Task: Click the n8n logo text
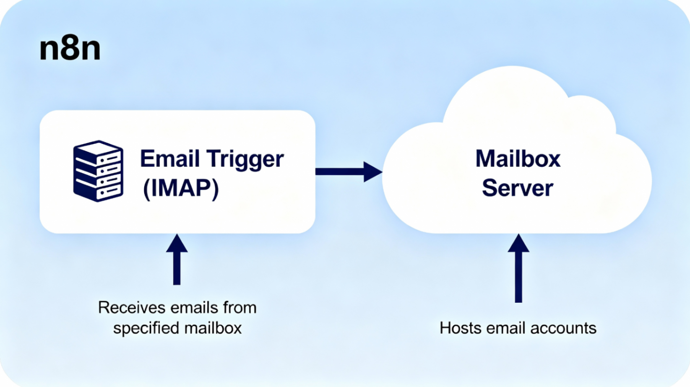70,49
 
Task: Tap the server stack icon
98,171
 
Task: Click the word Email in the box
170,159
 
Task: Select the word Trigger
245,160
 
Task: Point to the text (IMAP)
181,188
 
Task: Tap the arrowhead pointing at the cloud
372,171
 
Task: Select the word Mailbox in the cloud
518,159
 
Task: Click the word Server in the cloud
517,188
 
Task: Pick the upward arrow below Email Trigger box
177,260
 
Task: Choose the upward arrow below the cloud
518,268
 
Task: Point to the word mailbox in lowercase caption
213,328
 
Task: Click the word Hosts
461,328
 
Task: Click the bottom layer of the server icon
98,193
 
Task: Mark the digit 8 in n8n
70,49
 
